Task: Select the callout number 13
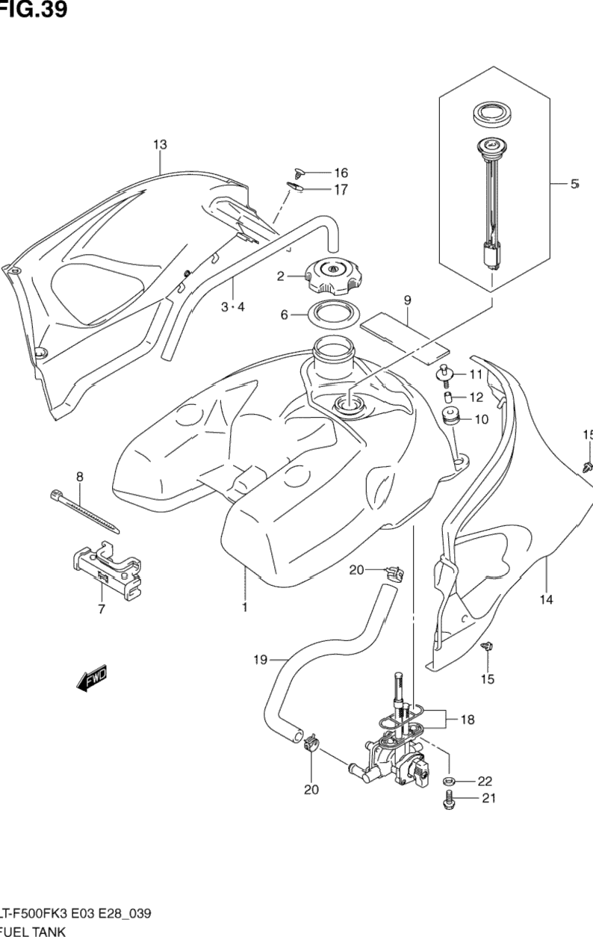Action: coord(160,144)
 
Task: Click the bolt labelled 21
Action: coord(448,800)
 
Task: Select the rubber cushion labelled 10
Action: coord(451,418)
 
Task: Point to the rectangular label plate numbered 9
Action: coord(405,333)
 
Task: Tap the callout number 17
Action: coord(341,190)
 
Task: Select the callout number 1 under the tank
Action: coord(244,607)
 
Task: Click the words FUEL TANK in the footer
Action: coord(34,931)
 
